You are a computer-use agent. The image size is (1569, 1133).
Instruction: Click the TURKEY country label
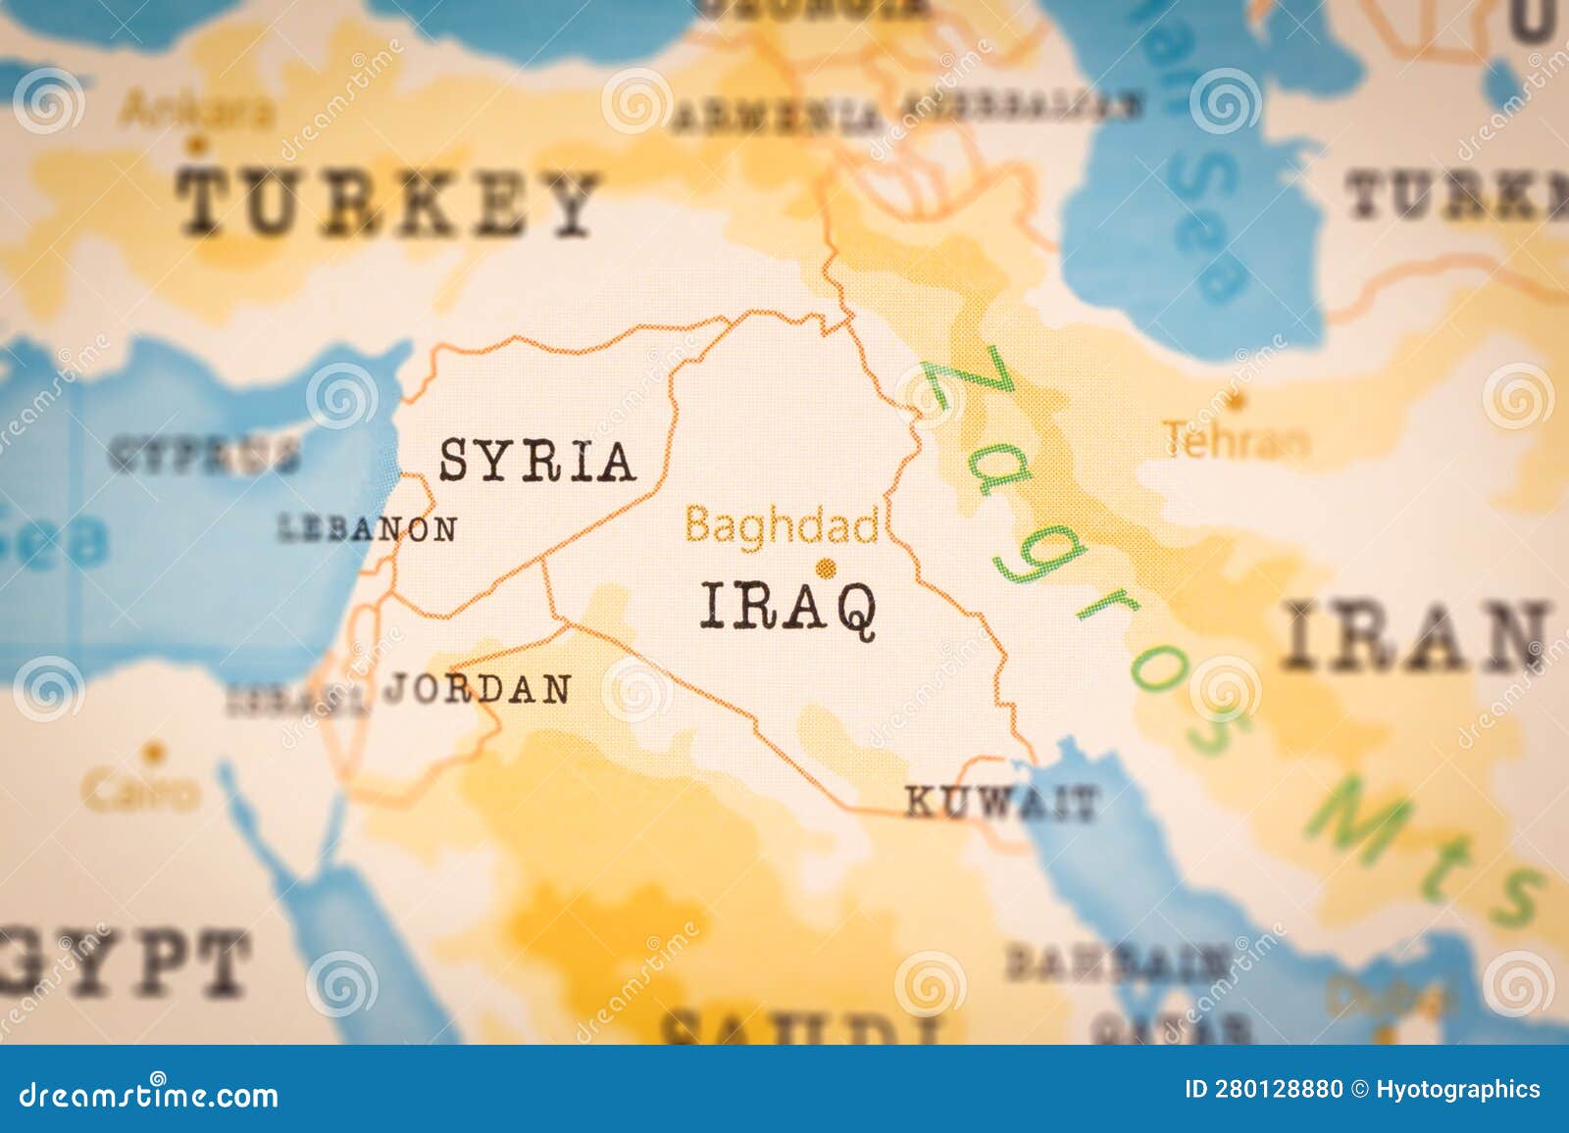tap(387, 203)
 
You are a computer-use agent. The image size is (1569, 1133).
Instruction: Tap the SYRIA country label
tap(536, 461)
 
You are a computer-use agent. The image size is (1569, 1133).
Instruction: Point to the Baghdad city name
tap(782, 526)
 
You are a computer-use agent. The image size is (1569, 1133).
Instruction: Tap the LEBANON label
tap(368, 529)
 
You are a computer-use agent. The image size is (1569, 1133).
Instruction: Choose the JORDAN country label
tap(478, 689)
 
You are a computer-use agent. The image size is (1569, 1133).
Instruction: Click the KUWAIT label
tap(998, 803)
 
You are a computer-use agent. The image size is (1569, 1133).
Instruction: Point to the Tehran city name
tap(1236, 440)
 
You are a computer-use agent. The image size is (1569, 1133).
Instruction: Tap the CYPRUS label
tap(204, 455)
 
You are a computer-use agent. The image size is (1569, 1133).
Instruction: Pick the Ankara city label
tap(195, 110)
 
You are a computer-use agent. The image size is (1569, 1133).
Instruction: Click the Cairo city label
tap(140, 790)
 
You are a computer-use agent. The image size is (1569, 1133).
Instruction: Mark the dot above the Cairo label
tap(152, 753)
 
